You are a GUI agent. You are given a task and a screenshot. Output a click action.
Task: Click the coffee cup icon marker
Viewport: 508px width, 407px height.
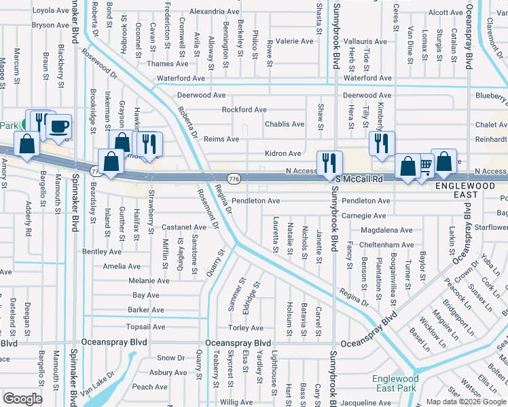pos(60,125)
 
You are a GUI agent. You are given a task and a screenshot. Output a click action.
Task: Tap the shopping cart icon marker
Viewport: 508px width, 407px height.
pos(424,165)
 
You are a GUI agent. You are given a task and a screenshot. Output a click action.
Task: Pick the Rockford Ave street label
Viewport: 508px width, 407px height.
pos(244,109)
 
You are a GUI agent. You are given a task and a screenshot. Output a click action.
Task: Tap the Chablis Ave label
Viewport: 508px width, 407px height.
pos(284,124)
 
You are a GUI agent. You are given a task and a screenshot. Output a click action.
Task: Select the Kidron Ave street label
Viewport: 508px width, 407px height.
pos(283,154)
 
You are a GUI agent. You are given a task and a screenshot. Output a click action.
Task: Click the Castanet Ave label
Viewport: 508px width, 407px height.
pos(183,227)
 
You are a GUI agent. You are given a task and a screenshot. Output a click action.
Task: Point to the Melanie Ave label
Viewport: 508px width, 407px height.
pos(149,280)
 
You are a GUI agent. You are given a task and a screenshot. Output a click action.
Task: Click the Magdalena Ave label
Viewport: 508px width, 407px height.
pos(386,230)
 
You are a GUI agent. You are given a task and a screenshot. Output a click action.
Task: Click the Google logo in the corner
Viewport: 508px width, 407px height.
pos(22,399)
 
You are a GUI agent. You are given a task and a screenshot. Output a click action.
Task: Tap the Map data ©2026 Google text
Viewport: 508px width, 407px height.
pos(466,402)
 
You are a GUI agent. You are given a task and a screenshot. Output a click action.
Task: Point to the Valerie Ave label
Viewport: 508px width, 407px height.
pos(293,41)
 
